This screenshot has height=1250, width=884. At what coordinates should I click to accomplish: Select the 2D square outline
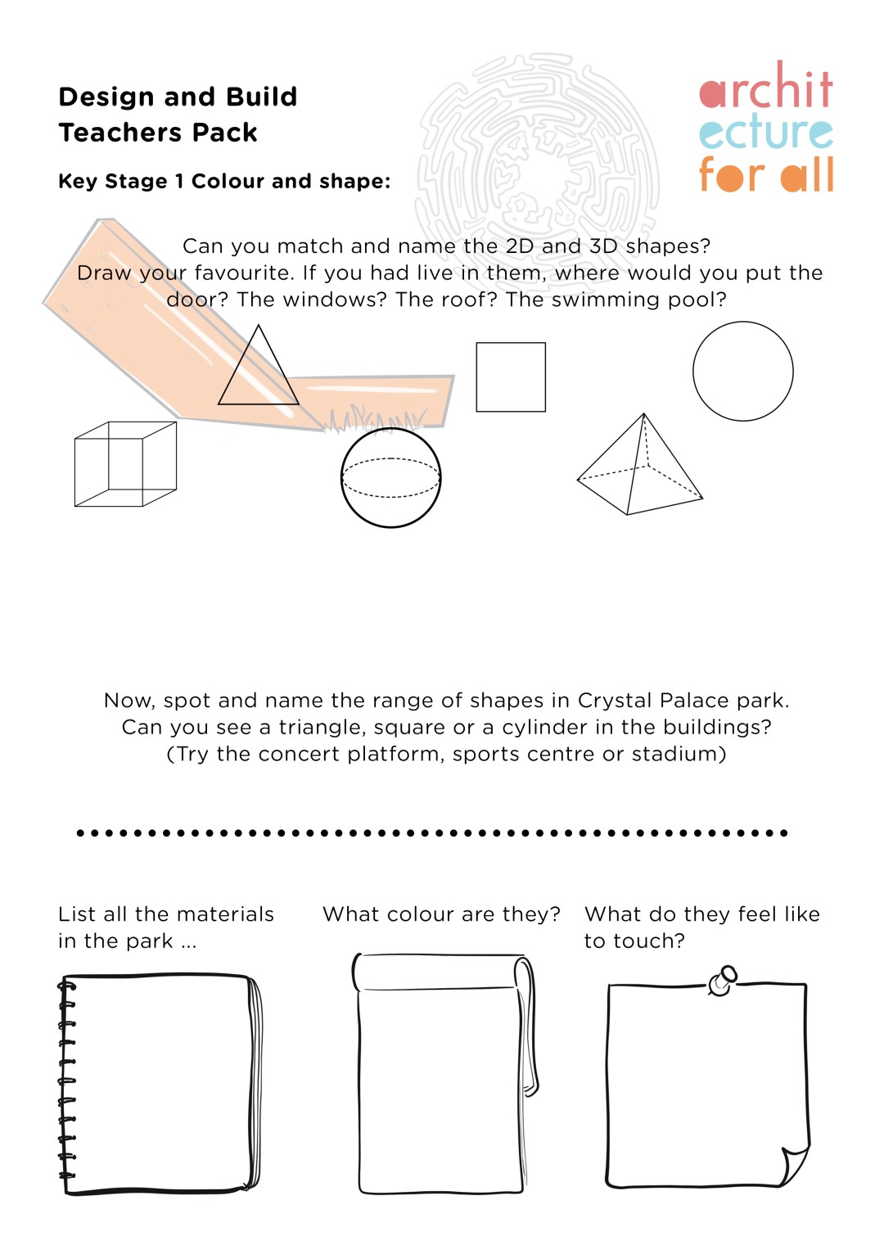[x=511, y=377]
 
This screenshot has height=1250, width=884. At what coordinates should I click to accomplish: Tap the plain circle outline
[x=742, y=371]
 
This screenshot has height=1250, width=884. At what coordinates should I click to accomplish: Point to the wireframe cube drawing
[x=125, y=464]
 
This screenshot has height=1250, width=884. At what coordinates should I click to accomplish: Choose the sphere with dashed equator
[x=390, y=477]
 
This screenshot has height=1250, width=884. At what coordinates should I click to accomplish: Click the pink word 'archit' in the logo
[x=765, y=88]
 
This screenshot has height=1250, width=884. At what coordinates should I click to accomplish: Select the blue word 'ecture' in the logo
[x=765, y=133]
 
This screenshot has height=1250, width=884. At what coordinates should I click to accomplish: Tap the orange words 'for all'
[x=765, y=174]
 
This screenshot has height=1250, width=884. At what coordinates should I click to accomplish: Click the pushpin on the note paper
[x=723, y=980]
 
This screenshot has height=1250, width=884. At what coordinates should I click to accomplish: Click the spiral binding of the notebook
[x=66, y=1081]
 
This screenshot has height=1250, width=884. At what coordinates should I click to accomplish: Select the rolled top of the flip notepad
[x=442, y=972]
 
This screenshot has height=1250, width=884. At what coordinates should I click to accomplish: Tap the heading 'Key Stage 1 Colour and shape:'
[x=224, y=181]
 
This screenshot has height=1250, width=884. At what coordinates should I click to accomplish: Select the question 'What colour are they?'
[x=441, y=914]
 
